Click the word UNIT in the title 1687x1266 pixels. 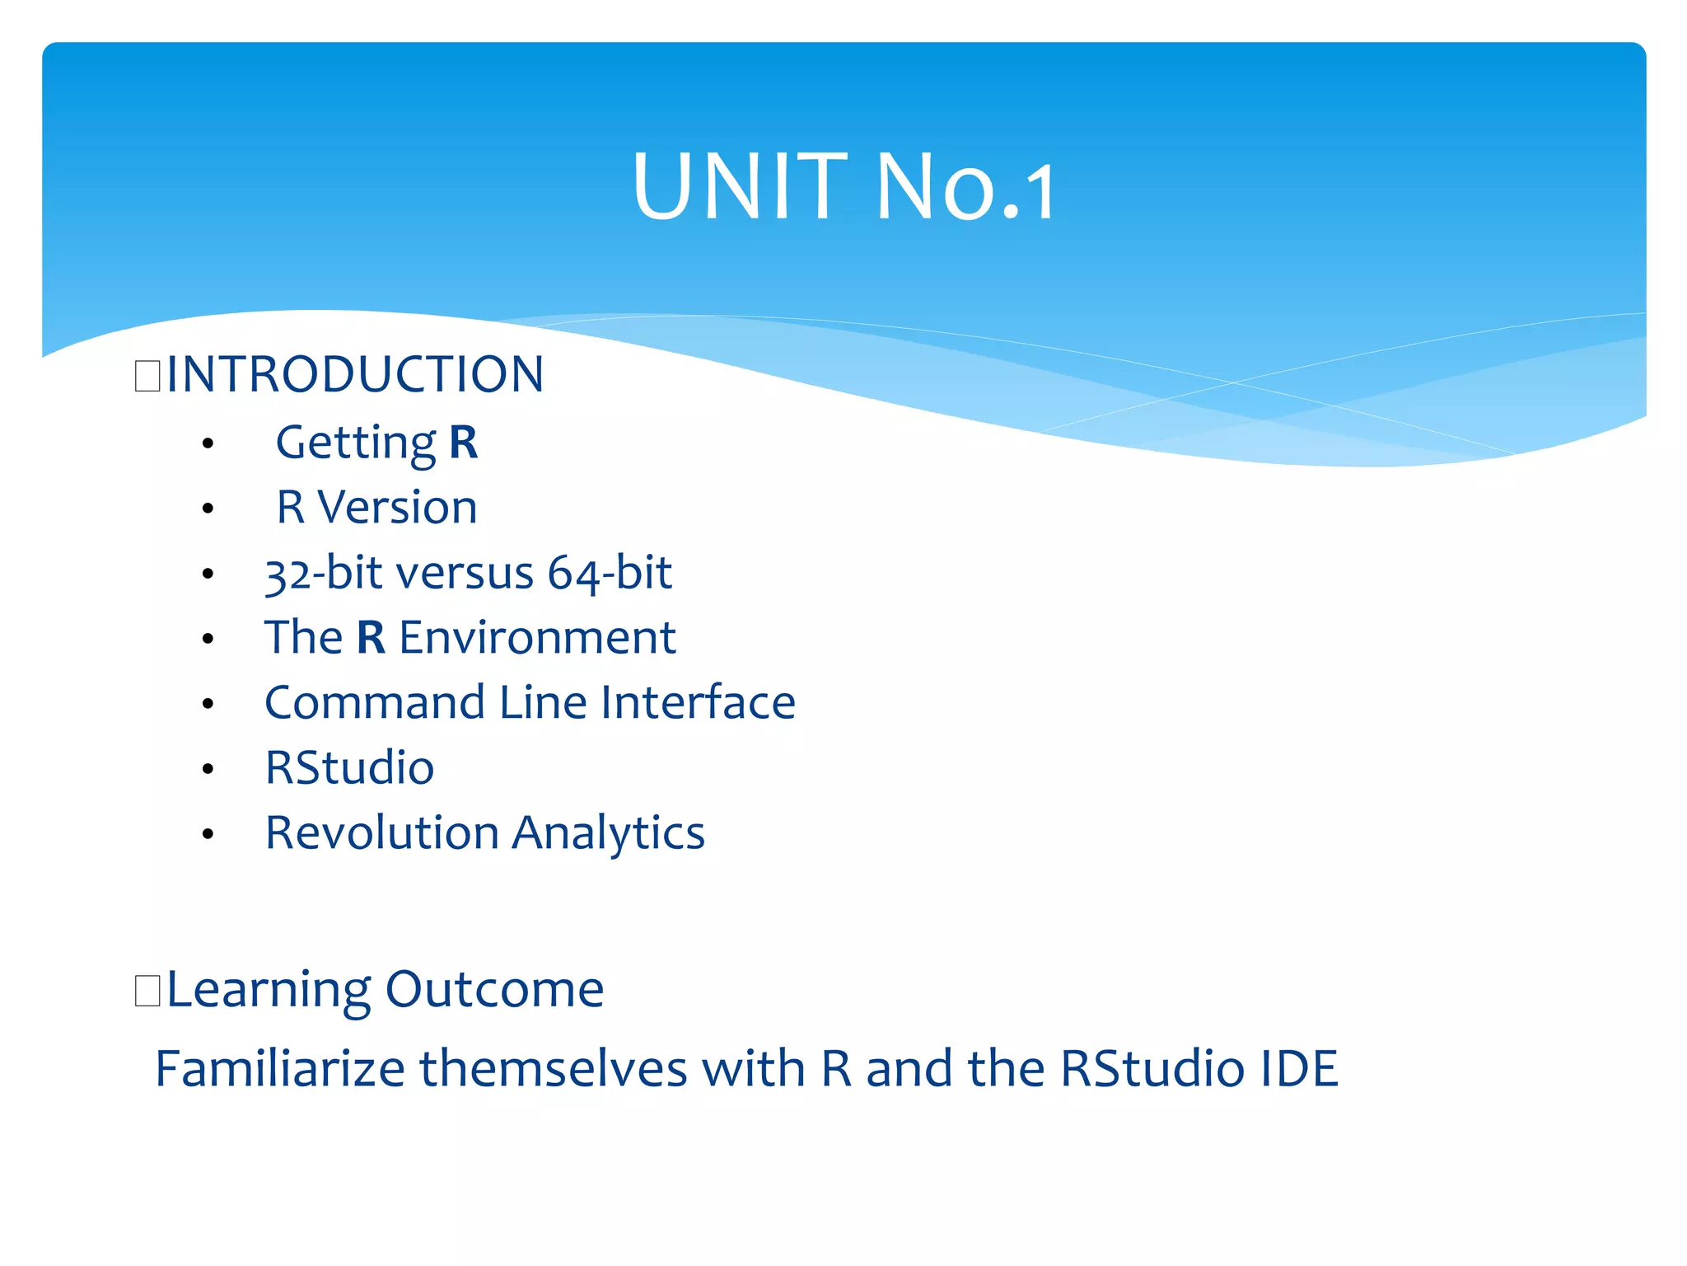pos(740,187)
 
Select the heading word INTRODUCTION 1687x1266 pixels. pos(355,374)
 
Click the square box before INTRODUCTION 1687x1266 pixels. pos(147,376)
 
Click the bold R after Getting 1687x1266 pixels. pos(463,443)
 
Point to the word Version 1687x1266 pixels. pos(397,507)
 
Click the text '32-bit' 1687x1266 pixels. pos(317,573)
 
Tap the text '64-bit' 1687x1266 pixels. pos(610,573)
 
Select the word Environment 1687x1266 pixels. pos(537,637)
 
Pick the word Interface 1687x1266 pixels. pos(698,702)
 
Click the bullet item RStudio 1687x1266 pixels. pos(349,767)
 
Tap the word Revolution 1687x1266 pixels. pos(382,832)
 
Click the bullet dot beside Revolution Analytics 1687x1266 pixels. pos(208,834)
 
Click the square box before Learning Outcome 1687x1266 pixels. pos(147,990)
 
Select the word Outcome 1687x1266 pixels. pos(494,989)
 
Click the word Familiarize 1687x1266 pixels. pos(280,1069)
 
